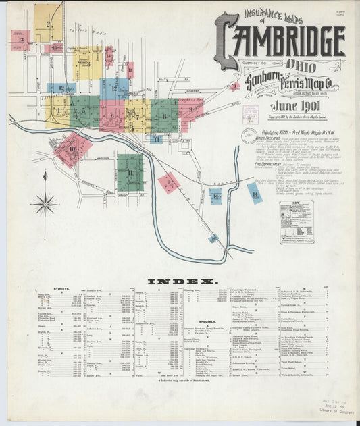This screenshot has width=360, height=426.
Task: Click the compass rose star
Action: pyautogui.click(x=46, y=202)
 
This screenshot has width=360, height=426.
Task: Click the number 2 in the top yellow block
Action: pyautogui.click(x=48, y=24)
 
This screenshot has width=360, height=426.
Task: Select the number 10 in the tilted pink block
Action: pyautogui.click(x=72, y=149)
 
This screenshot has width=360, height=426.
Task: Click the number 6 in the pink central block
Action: pyautogui.click(x=112, y=115)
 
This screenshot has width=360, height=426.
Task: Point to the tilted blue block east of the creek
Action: pyautogui.click(x=254, y=193)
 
